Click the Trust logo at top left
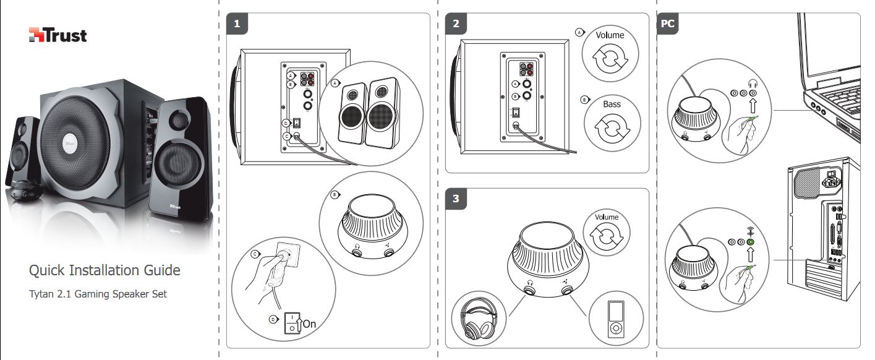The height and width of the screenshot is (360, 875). pyautogui.click(x=58, y=35)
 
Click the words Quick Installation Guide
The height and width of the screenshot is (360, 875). pyautogui.click(x=105, y=270)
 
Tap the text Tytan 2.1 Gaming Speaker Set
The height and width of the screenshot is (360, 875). pyautogui.click(x=98, y=294)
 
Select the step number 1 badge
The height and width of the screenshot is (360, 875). pyautogui.click(x=237, y=24)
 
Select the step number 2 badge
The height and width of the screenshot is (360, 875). pyautogui.click(x=456, y=24)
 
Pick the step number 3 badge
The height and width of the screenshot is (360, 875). pyautogui.click(x=456, y=199)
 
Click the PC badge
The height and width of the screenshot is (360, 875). pyautogui.click(x=668, y=24)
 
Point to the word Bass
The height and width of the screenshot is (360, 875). pyautogui.click(x=612, y=104)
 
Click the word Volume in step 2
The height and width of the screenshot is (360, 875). pyautogui.click(x=610, y=35)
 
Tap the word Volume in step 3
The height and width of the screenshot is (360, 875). pyautogui.click(x=607, y=217)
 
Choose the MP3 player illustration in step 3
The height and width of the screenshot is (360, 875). pyautogui.click(x=615, y=320)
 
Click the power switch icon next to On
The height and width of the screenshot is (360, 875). pyautogui.click(x=291, y=323)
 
